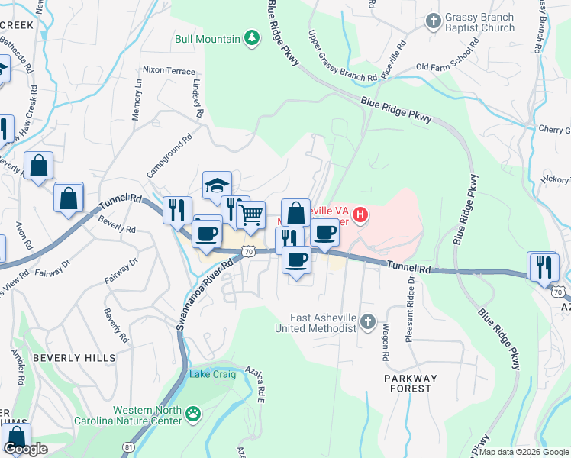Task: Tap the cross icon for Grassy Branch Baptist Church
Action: click(434, 21)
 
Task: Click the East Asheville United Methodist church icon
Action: click(368, 321)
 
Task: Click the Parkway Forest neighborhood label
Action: click(411, 383)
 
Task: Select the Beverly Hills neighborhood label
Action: click(74, 357)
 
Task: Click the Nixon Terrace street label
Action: click(169, 71)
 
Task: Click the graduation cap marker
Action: click(217, 185)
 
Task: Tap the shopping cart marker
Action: click(250, 215)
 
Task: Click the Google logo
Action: click(25, 449)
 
